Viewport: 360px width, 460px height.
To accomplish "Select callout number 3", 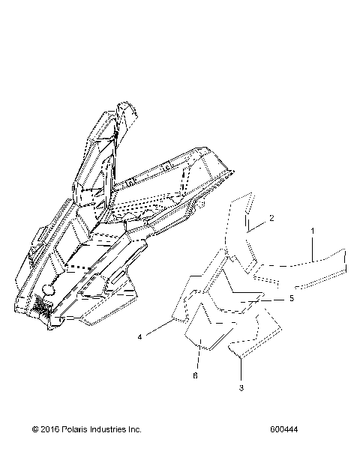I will click(241, 387).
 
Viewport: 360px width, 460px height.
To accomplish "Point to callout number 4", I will click(139, 337).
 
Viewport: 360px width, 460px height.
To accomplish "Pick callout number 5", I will click(291, 297).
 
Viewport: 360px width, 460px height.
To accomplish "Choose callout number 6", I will click(196, 375).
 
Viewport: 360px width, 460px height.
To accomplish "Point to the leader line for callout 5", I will click(274, 298).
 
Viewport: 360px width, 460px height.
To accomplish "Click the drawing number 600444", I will click(286, 430).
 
